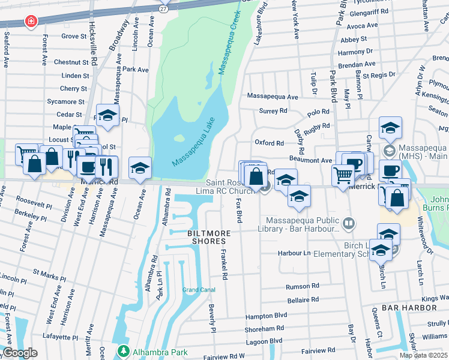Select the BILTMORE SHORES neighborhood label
[191, 236]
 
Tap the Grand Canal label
[199, 290]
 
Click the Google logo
[20, 353]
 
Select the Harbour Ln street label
[294, 254]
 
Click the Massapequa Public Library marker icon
[349, 224]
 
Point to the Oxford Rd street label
[268, 143]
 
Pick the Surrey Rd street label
[273, 111]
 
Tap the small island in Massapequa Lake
[179, 138]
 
